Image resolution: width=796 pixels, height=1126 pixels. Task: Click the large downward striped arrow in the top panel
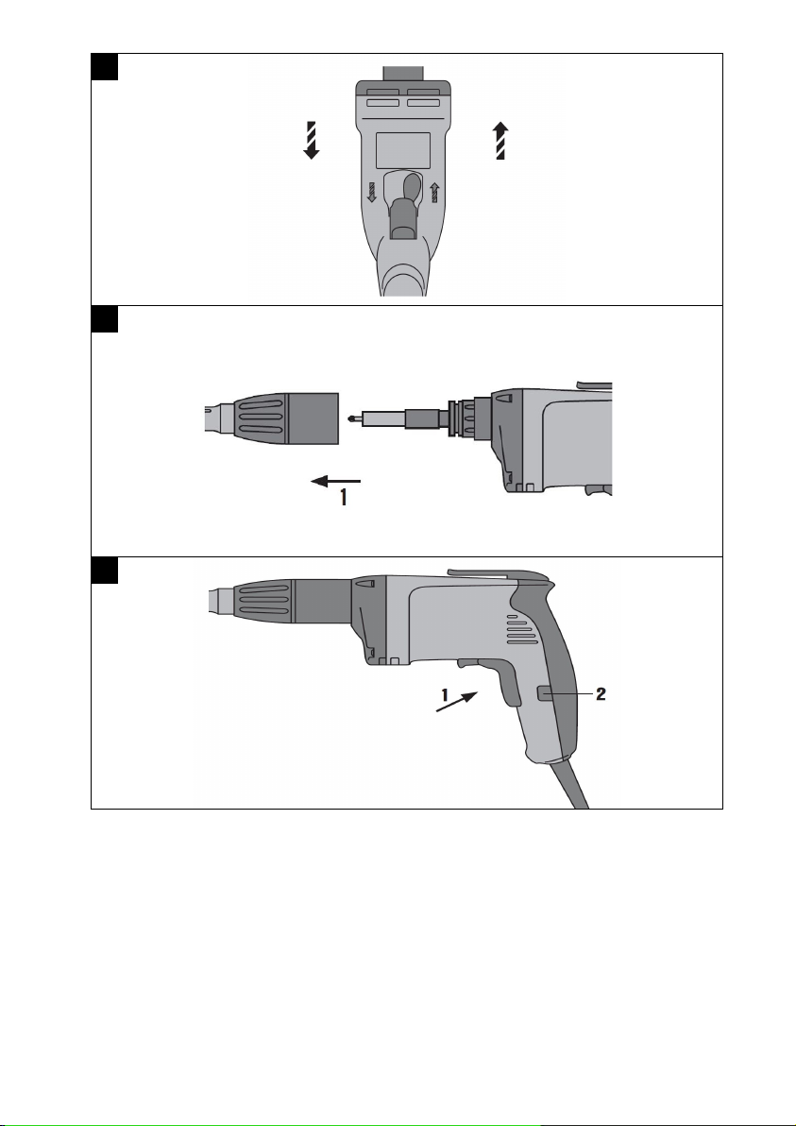click(311, 140)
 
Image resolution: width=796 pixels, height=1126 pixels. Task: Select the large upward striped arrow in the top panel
click(500, 140)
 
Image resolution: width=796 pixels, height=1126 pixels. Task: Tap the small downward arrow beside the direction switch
click(372, 193)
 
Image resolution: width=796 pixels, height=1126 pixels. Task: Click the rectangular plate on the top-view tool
click(403, 150)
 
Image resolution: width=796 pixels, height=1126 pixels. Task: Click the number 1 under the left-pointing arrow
click(345, 497)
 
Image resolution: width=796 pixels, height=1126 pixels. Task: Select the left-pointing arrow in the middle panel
click(335, 481)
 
